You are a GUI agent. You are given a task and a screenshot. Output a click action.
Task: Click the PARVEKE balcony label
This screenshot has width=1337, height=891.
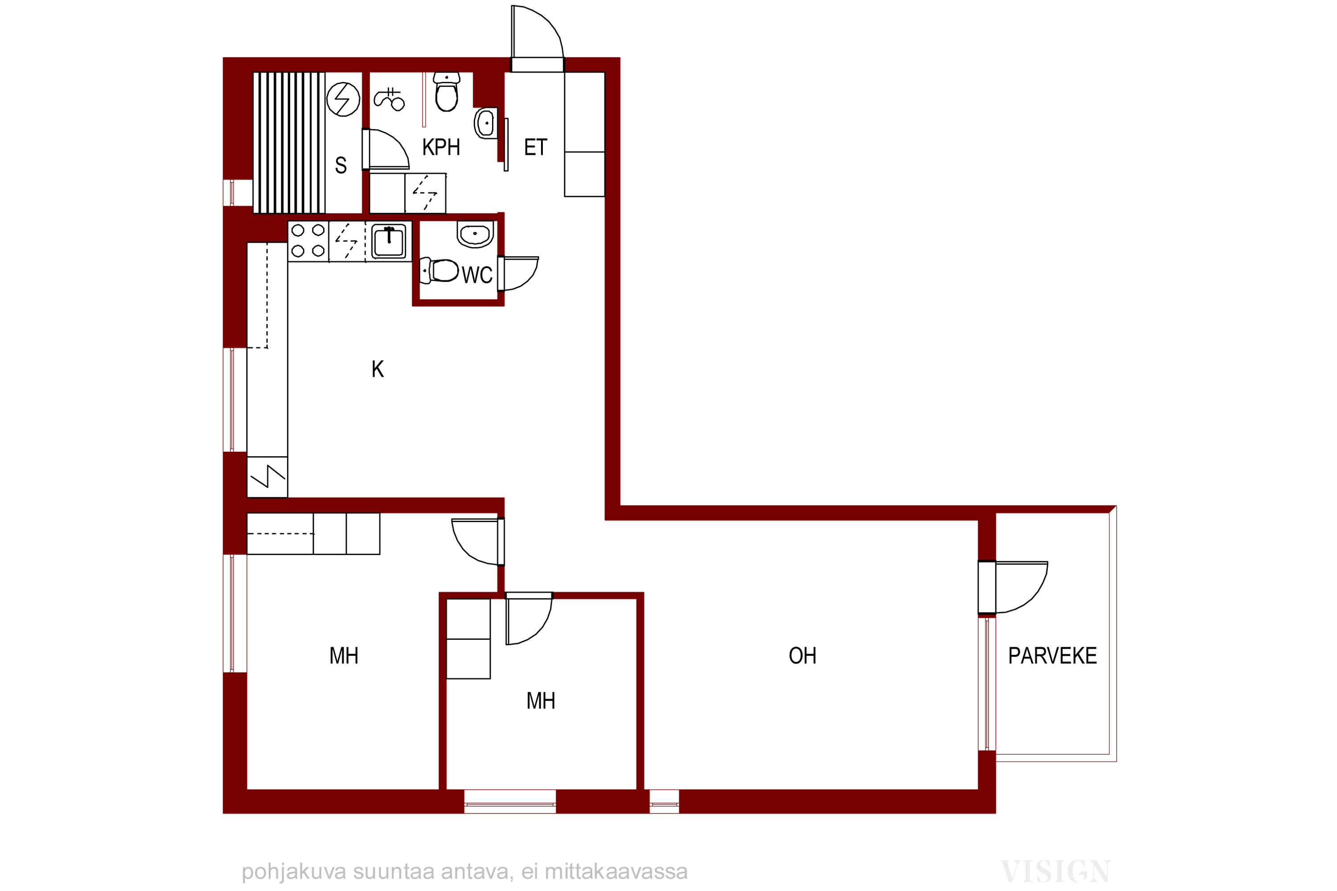[1052, 656]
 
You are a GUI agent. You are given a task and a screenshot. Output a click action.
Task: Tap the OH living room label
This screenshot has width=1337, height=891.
[802, 656]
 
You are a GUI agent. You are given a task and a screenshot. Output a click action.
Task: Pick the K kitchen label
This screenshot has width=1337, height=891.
[377, 369]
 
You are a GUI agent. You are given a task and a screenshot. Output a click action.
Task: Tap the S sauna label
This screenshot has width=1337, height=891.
[340, 165]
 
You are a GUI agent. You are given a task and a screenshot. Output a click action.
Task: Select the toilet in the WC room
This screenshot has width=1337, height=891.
[439, 270]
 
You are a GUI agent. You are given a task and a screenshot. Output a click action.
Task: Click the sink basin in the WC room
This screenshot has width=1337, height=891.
[475, 234]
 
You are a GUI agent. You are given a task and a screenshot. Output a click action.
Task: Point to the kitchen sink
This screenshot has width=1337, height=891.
[389, 241]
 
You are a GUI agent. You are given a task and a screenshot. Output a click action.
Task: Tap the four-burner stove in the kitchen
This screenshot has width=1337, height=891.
[308, 241]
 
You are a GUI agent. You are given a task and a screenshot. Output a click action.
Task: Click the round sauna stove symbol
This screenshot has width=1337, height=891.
[343, 99]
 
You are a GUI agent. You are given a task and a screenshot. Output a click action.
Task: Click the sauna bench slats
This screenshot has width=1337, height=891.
[289, 143]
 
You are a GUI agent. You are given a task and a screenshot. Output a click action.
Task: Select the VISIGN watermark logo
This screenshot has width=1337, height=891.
[1055, 871]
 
